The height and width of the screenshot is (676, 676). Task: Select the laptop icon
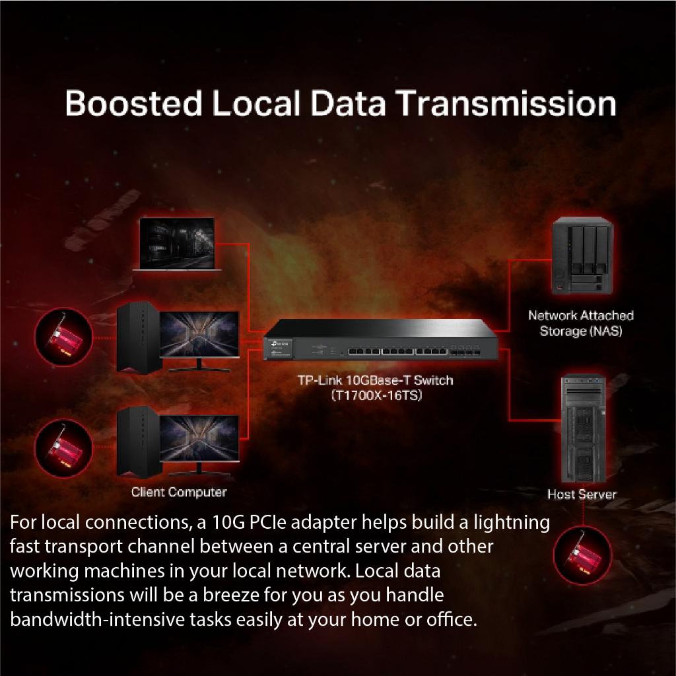(x=177, y=244)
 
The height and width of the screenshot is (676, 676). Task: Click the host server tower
(x=582, y=429)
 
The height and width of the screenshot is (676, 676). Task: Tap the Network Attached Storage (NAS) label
(x=581, y=323)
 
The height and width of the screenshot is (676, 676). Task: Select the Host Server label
(x=582, y=494)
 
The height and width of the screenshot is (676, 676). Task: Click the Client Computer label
(x=179, y=492)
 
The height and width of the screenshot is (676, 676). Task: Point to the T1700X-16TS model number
(x=376, y=396)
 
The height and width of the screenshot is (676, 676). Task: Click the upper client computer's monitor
(x=200, y=336)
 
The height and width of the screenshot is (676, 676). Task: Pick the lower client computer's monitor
(x=200, y=441)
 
